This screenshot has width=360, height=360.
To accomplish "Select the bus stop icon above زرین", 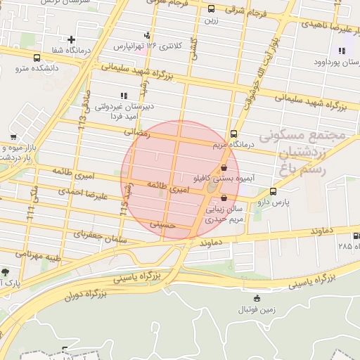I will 212,9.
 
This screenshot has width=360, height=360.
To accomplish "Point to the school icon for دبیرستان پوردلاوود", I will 342,51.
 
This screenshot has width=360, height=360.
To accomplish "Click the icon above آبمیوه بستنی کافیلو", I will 224,168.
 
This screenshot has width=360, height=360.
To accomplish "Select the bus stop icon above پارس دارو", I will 273,191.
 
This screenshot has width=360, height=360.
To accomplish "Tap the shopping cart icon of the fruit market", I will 13,136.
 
